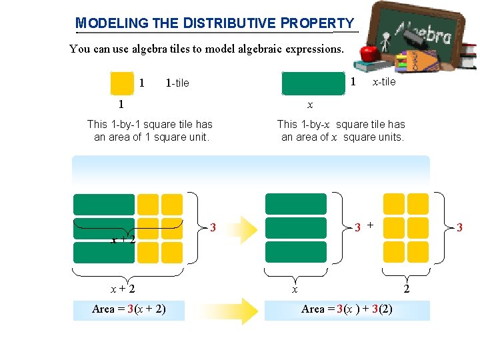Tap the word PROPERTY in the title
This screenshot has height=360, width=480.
[x=317, y=23]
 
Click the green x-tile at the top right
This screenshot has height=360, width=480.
[x=313, y=84]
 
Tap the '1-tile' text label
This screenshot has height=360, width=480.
[x=177, y=83]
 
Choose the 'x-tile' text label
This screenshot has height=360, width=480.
[x=384, y=81]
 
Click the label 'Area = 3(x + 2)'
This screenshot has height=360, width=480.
[x=129, y=309]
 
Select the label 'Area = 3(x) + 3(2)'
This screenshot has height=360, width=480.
[x=347, y=309]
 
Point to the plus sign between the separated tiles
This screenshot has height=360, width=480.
[x=370, y=225]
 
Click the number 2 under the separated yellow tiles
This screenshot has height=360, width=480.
[x=407, y=289]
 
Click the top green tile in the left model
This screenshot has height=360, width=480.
[x=104, y=204]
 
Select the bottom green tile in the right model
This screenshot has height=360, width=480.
[x=296, y=252]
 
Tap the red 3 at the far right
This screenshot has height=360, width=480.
[x=459, y=228]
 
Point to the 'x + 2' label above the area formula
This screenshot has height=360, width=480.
[x=123, y=289]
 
